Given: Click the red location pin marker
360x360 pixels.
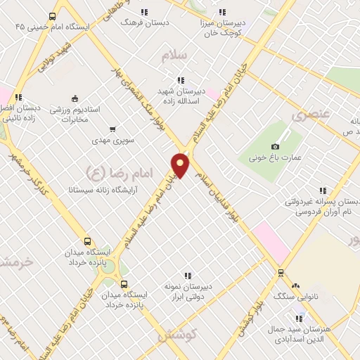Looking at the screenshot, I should [x=181, y=165].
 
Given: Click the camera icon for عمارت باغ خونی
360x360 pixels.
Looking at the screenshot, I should [x=275, y=146].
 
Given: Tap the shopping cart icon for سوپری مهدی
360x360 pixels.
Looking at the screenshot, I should [x=112, y=129].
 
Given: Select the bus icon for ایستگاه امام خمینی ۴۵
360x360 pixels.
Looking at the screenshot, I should [x=52, y=16].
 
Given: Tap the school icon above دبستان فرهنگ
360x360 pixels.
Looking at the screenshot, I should [x=144, y=12].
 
